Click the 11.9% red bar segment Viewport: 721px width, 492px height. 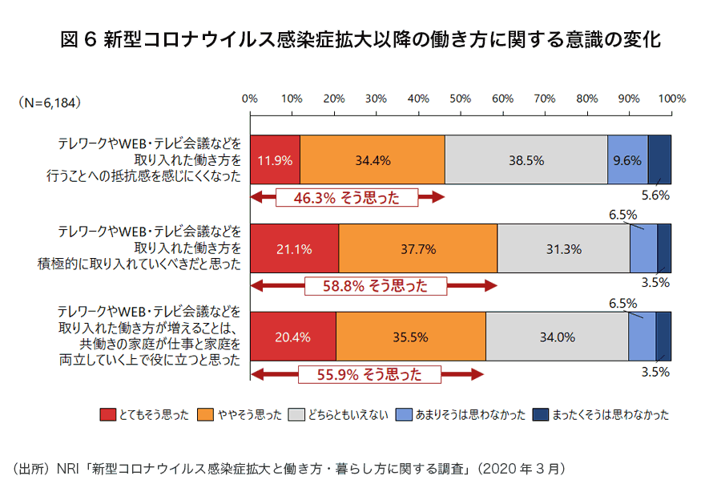coord(275,159)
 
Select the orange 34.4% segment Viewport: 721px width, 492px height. coord(373,159)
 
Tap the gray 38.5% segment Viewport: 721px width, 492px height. coord(526,159)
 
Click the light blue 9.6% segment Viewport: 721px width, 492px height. coord(627,159)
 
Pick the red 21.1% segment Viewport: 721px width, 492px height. coord(294,248)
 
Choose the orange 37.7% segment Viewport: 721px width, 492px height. coord(417,248)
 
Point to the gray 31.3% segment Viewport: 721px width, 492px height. coord(563,248)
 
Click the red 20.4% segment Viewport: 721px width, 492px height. coord(292,337)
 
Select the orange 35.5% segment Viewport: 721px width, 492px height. coord(410,337)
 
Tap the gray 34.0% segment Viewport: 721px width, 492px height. coord(557,337)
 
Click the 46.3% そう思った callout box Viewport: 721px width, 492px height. coord(347,198)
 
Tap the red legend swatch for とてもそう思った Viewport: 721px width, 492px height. coord(108,414)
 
